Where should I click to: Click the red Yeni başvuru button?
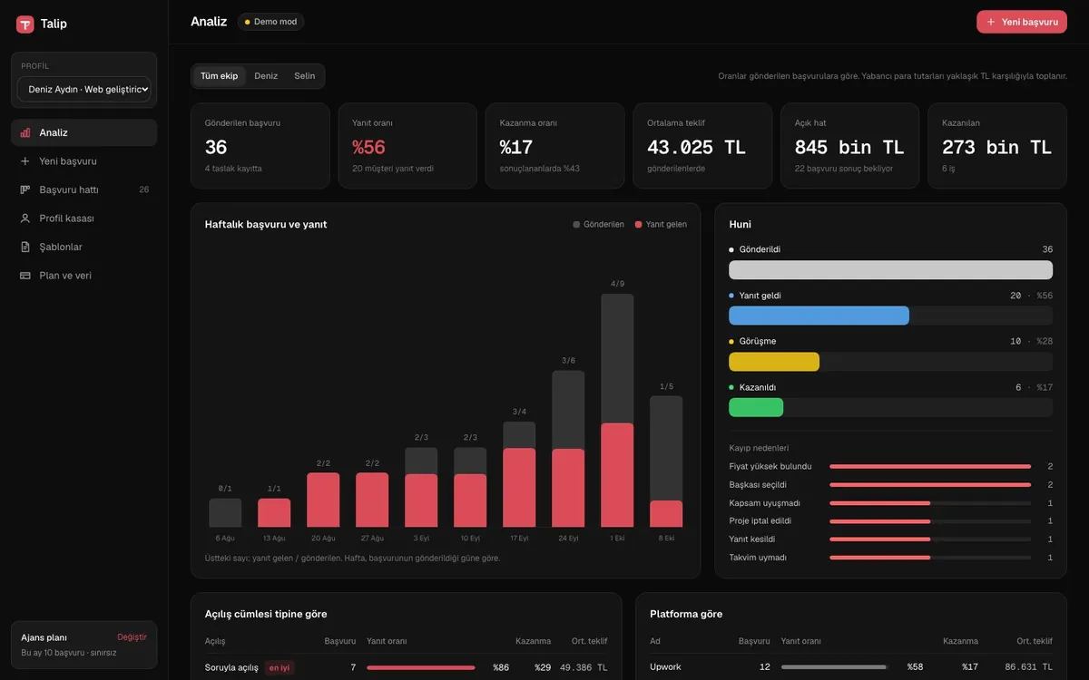point(1022,22)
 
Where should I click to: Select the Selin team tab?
point(304,76)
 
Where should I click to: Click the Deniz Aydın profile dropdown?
point(84,90)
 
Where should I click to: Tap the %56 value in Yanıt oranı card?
point(368,147)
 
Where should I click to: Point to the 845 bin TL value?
point(849,147)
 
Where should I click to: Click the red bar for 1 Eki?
point(617,475)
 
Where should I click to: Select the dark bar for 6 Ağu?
point(225,512)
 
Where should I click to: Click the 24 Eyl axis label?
point(568,539)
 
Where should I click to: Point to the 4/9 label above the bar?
point(617,284)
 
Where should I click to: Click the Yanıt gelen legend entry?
point(662,225)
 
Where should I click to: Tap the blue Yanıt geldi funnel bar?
point(819,316)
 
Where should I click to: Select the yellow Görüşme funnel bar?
point(774,362)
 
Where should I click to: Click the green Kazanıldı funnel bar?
point(756,407)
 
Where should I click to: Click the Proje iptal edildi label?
point(760,520)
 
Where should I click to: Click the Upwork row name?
point(665,667)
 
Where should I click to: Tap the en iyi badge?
point(280,668)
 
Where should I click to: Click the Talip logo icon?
point(25,24)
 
